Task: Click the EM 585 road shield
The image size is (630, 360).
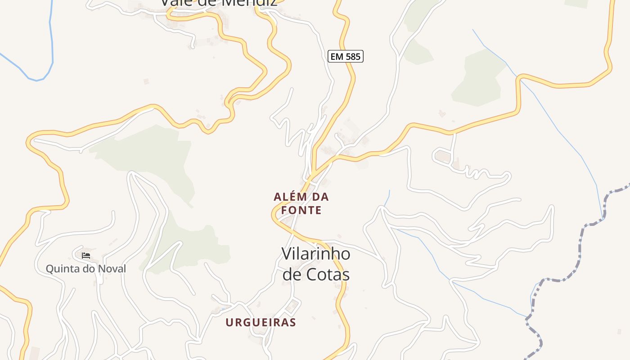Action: coord(345,56)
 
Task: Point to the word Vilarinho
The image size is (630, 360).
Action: coord(315,254)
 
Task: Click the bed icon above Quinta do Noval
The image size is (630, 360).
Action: coord(86,256)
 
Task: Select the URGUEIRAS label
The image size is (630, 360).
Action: coord(261,322)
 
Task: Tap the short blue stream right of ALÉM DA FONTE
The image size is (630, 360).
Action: coord(388,198)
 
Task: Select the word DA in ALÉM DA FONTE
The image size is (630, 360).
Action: coord(319,197)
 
